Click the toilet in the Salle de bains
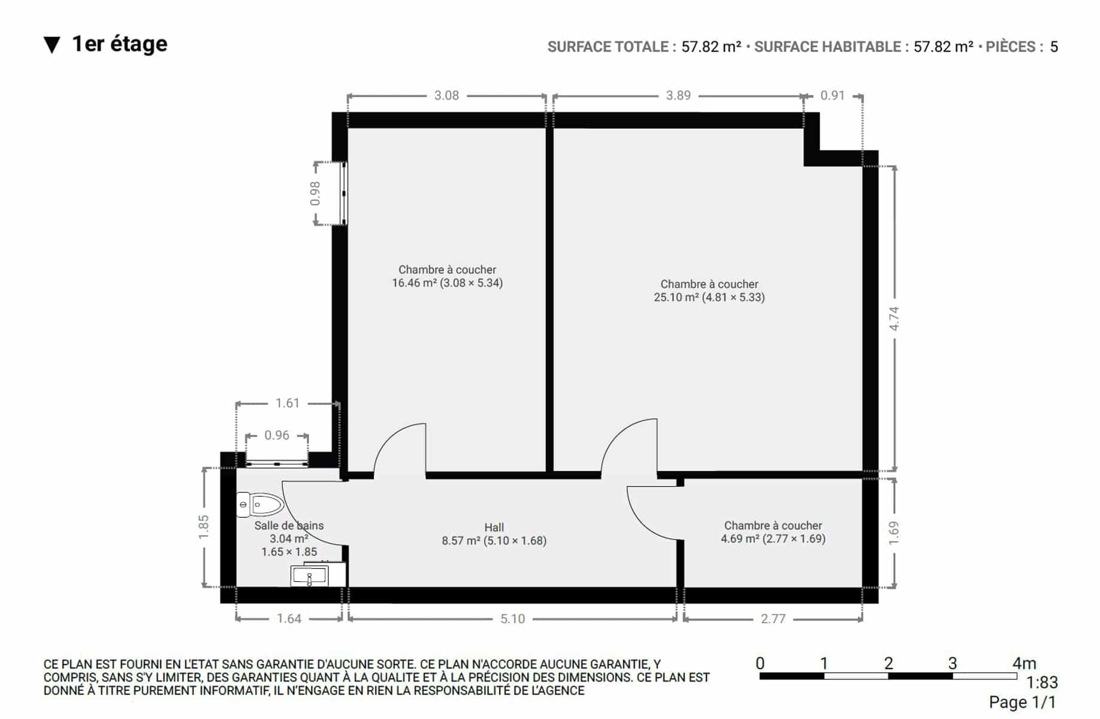(x=260, y=504)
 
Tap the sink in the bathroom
(x=309, y=576)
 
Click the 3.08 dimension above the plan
(x=446, y=95)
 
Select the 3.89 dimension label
(x=678, y=95)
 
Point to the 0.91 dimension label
(x=832, y=95)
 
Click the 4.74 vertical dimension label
(x=894, y=318)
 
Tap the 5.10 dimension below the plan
(x=512, y=619)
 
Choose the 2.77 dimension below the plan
(x=773, y=619)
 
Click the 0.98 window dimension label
(x=315, y=194)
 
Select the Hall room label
(x=494, y=527)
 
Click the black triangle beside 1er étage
(x=52, y=45)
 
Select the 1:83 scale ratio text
(x=1042, y=682)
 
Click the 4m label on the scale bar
(x=1024, y=663)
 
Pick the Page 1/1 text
(x=1023, y=702)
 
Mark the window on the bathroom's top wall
(x=277, y=463)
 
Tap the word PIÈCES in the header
(x=1011, y=47)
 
